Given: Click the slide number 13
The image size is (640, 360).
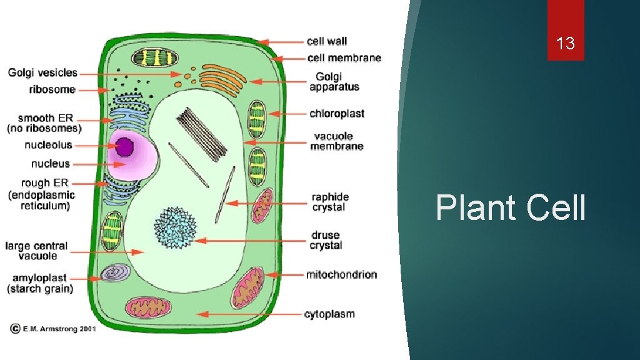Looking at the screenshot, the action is point(566,44).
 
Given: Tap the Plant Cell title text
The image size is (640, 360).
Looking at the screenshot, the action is point(511,208).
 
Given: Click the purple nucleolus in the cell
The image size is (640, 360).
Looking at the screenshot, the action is point(125,147).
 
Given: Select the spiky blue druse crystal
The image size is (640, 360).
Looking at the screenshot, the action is point(176,226).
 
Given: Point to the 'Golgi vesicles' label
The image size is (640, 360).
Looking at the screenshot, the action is point(42,73).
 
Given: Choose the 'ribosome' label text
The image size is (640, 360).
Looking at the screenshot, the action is point(52,89).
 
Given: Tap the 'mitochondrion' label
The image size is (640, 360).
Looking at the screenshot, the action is point(341,274).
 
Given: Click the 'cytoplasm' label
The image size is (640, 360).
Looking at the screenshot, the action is point(329,314).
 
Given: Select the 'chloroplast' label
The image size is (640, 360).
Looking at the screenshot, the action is point(337,114).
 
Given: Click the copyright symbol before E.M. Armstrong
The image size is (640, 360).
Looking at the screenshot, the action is point(14,329).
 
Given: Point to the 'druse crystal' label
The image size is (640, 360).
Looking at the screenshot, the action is point(326,240).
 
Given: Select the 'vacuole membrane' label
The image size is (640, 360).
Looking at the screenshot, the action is point(338,141).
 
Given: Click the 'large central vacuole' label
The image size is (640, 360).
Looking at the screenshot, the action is point(36,251).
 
